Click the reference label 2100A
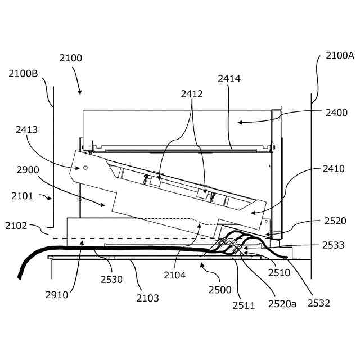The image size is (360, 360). [340, 56]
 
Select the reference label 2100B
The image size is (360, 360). [23, 73]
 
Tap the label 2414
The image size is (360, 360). [229, 79]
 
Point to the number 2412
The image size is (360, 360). [192, 94]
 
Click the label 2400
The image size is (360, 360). [336, 112]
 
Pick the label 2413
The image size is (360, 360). [26, 130]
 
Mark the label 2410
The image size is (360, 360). [334, 169]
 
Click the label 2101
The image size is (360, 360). [22, 196]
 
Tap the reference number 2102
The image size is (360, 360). [16, 226]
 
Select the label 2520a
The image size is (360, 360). [282, 304]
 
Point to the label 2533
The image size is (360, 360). [334, 245]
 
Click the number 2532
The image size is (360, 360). [318, 303]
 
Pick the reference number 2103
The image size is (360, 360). [147, 298]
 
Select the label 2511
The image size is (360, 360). [244, 305]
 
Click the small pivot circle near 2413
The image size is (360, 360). [85, 167]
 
